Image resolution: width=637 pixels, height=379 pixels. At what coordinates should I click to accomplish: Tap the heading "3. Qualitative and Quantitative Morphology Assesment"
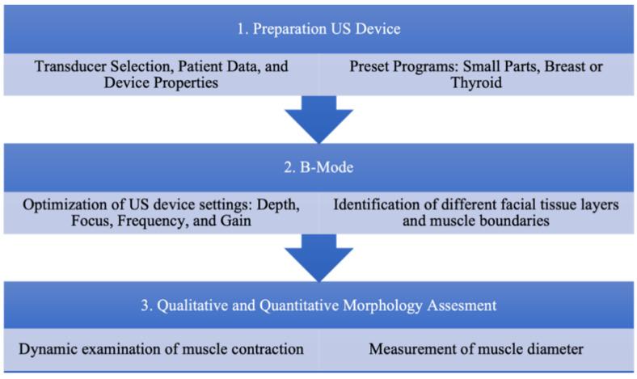click(x=318, y=307)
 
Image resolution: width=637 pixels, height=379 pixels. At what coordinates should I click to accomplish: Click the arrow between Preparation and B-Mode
click(x=318, y=117)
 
